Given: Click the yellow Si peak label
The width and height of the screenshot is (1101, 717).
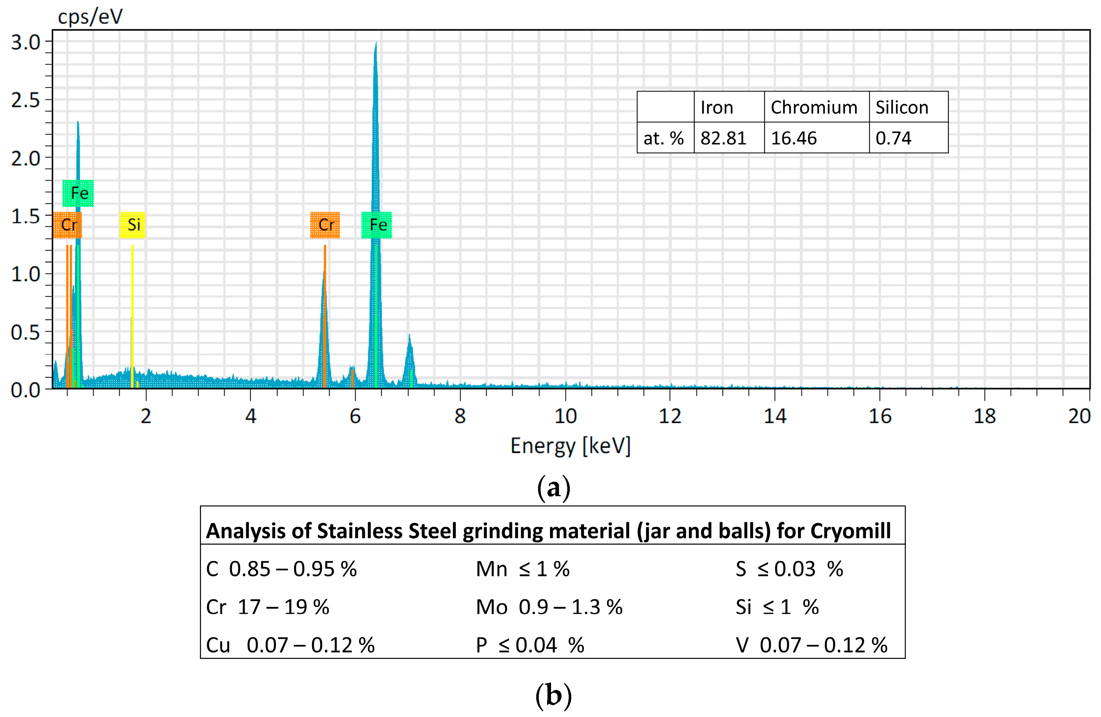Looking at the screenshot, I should (x=132, y=225).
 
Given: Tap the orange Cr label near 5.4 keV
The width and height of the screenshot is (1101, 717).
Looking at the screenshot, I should (x=325, y=225).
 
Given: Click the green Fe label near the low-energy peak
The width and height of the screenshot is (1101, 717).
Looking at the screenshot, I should (x=78, y=193).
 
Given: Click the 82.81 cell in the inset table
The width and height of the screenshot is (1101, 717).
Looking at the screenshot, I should (x=723, y=138).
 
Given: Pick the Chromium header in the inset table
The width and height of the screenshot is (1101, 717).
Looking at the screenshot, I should (x=814, y=107).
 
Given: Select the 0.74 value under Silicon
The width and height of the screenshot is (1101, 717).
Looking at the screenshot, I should (x=893, y=138).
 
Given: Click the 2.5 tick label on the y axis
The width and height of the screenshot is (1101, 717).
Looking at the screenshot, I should (x=26, y=100).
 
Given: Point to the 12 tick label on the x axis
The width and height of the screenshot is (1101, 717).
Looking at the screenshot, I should (x=669, y=416).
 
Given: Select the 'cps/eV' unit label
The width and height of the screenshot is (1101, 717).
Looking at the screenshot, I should (x=90, y=17).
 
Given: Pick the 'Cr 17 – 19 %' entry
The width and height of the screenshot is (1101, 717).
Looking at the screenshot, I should (x=267, y=607).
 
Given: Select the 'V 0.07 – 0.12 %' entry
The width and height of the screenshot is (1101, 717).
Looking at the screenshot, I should (x=811, y=645).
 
